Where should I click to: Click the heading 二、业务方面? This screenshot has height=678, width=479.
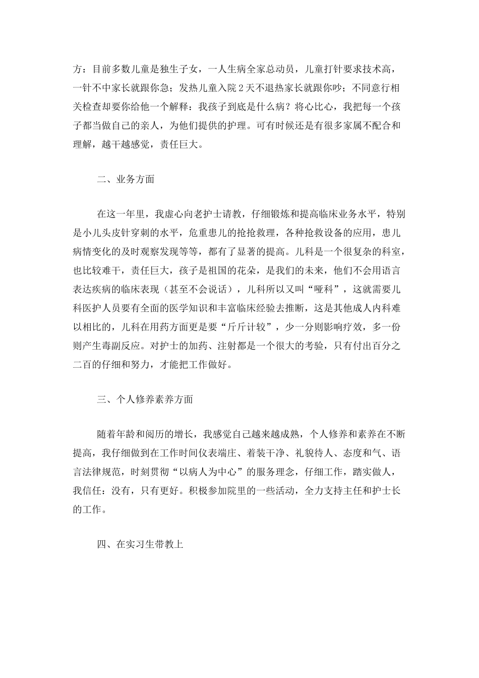(126, 179)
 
